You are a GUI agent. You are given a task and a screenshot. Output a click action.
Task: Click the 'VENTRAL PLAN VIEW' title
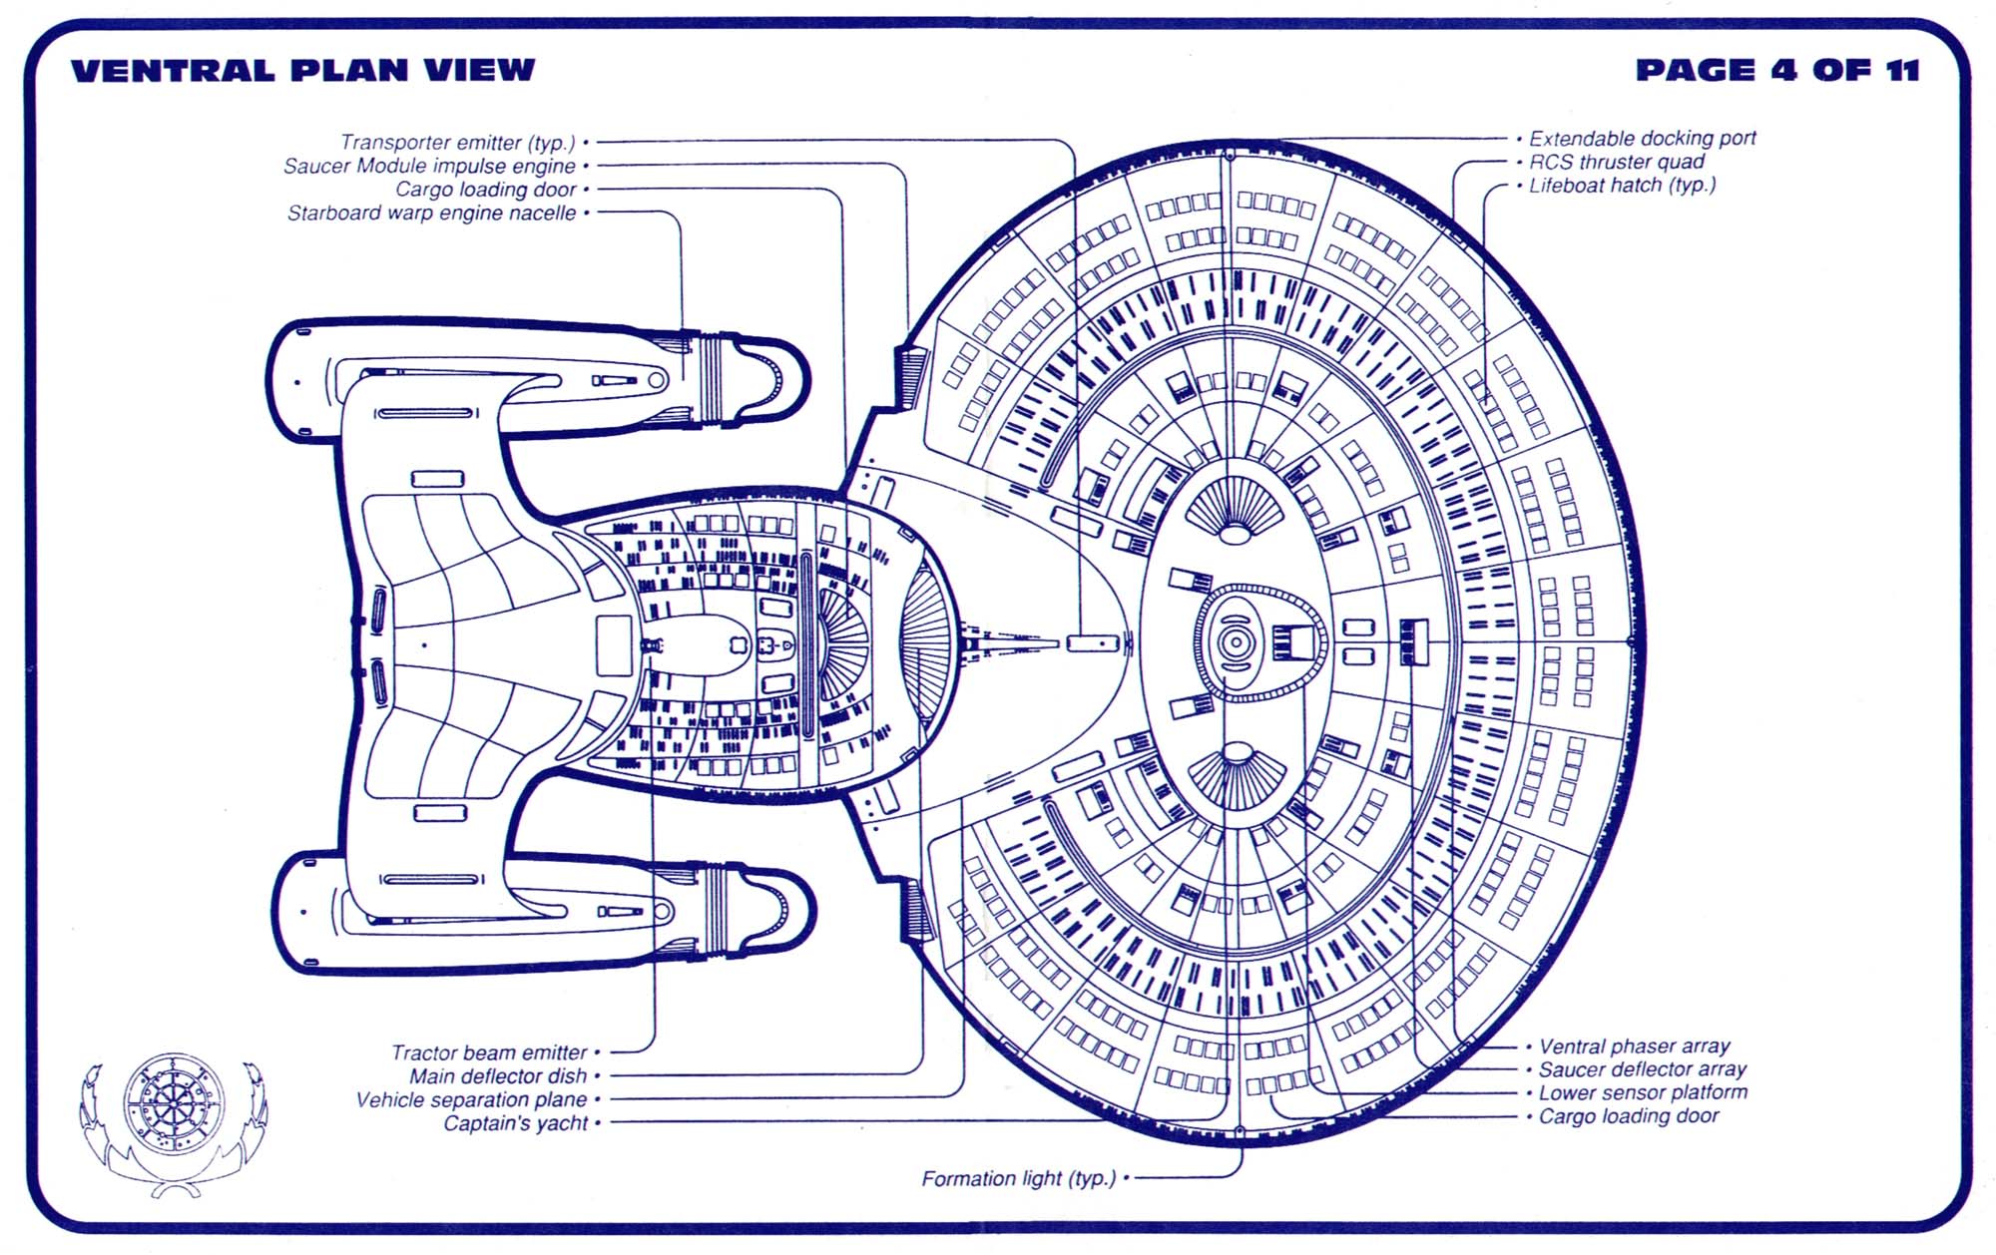(x=303, y=70)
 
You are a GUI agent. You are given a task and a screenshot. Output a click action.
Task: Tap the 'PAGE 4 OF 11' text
(x=1777, y=70)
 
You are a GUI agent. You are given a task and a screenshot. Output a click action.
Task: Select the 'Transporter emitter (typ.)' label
(x=458, y=143)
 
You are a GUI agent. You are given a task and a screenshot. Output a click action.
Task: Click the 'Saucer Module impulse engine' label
(x=429, y=166)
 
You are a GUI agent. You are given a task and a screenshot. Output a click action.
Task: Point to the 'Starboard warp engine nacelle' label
(x=431, y=212)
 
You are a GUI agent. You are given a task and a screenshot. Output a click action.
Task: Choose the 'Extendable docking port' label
(x=1642, y=139)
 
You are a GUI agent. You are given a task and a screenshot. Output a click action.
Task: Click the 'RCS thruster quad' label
(x=1617, y=162)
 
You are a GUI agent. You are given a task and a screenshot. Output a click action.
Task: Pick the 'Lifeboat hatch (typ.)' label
(x=1622, y=185)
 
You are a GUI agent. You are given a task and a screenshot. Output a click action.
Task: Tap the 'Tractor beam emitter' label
(x=489, y=1052)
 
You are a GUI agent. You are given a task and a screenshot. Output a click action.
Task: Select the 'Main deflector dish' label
(x=498, y=1076)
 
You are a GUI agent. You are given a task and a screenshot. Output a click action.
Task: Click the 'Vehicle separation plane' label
(x=471, y=1099)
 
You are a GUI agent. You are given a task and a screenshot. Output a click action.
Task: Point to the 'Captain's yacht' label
(x=516, y=1123)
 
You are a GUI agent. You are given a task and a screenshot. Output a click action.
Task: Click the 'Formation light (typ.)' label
(x=1018, y=1178)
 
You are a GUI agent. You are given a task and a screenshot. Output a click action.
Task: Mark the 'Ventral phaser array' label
(x=1634, y=1046)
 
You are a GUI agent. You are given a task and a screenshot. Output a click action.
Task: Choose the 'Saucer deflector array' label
(x=1642, y=1069)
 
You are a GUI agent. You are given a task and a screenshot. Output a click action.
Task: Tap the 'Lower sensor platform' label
(x=1643, y=1092)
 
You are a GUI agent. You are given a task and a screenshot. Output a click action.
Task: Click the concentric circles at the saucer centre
(x=1236, y=643)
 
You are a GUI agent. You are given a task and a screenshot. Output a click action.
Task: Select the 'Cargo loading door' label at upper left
(x=486, y=190)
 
